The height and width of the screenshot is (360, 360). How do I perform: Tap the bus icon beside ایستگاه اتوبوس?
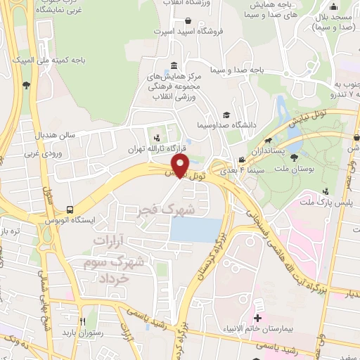tap(69, 210)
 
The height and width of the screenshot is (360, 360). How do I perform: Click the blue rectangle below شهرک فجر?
tap(195, 229)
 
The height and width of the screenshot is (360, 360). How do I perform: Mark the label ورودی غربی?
tap(42, 153)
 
